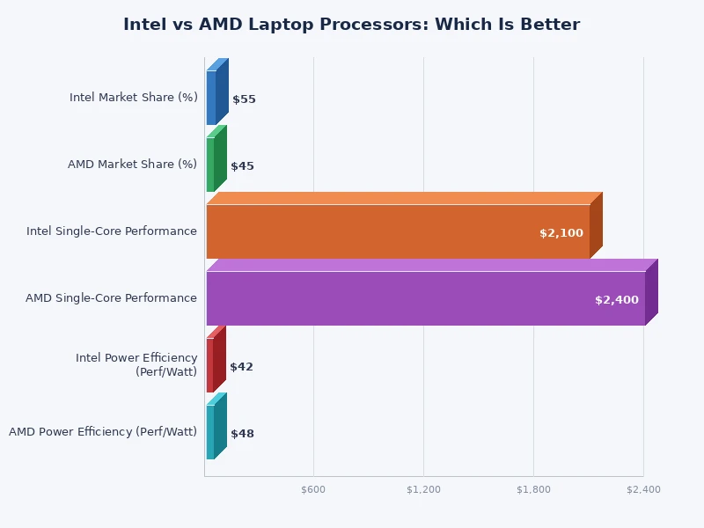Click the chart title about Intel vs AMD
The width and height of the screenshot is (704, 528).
click(351, 25)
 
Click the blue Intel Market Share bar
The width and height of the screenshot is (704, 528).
click(211, 97)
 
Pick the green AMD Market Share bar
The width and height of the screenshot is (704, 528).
click(210, 165)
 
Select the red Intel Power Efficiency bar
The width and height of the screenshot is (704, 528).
click(210, 365)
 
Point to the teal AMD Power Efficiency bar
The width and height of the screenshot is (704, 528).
click(210, 432)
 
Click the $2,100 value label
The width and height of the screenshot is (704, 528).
click(561, 233)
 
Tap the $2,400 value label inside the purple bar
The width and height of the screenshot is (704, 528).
click(616, 300)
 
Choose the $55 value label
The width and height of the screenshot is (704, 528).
click(244, 99)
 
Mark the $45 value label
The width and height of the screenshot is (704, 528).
click(242, 166)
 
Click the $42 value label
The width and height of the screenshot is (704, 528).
click(241, 367)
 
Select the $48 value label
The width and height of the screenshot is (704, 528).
click(242, 434)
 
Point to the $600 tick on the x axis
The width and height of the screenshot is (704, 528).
click(313, 489)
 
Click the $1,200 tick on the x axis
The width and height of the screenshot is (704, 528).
click(423, 489)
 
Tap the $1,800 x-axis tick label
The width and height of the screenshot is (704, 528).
click(533, 489)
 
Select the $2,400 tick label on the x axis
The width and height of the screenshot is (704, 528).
click(643, 489)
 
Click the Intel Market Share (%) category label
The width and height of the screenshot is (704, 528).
click(134, 98)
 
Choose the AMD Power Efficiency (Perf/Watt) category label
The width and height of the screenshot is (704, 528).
click(103, 432)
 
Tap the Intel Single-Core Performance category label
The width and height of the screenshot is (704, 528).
click(112, 231)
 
